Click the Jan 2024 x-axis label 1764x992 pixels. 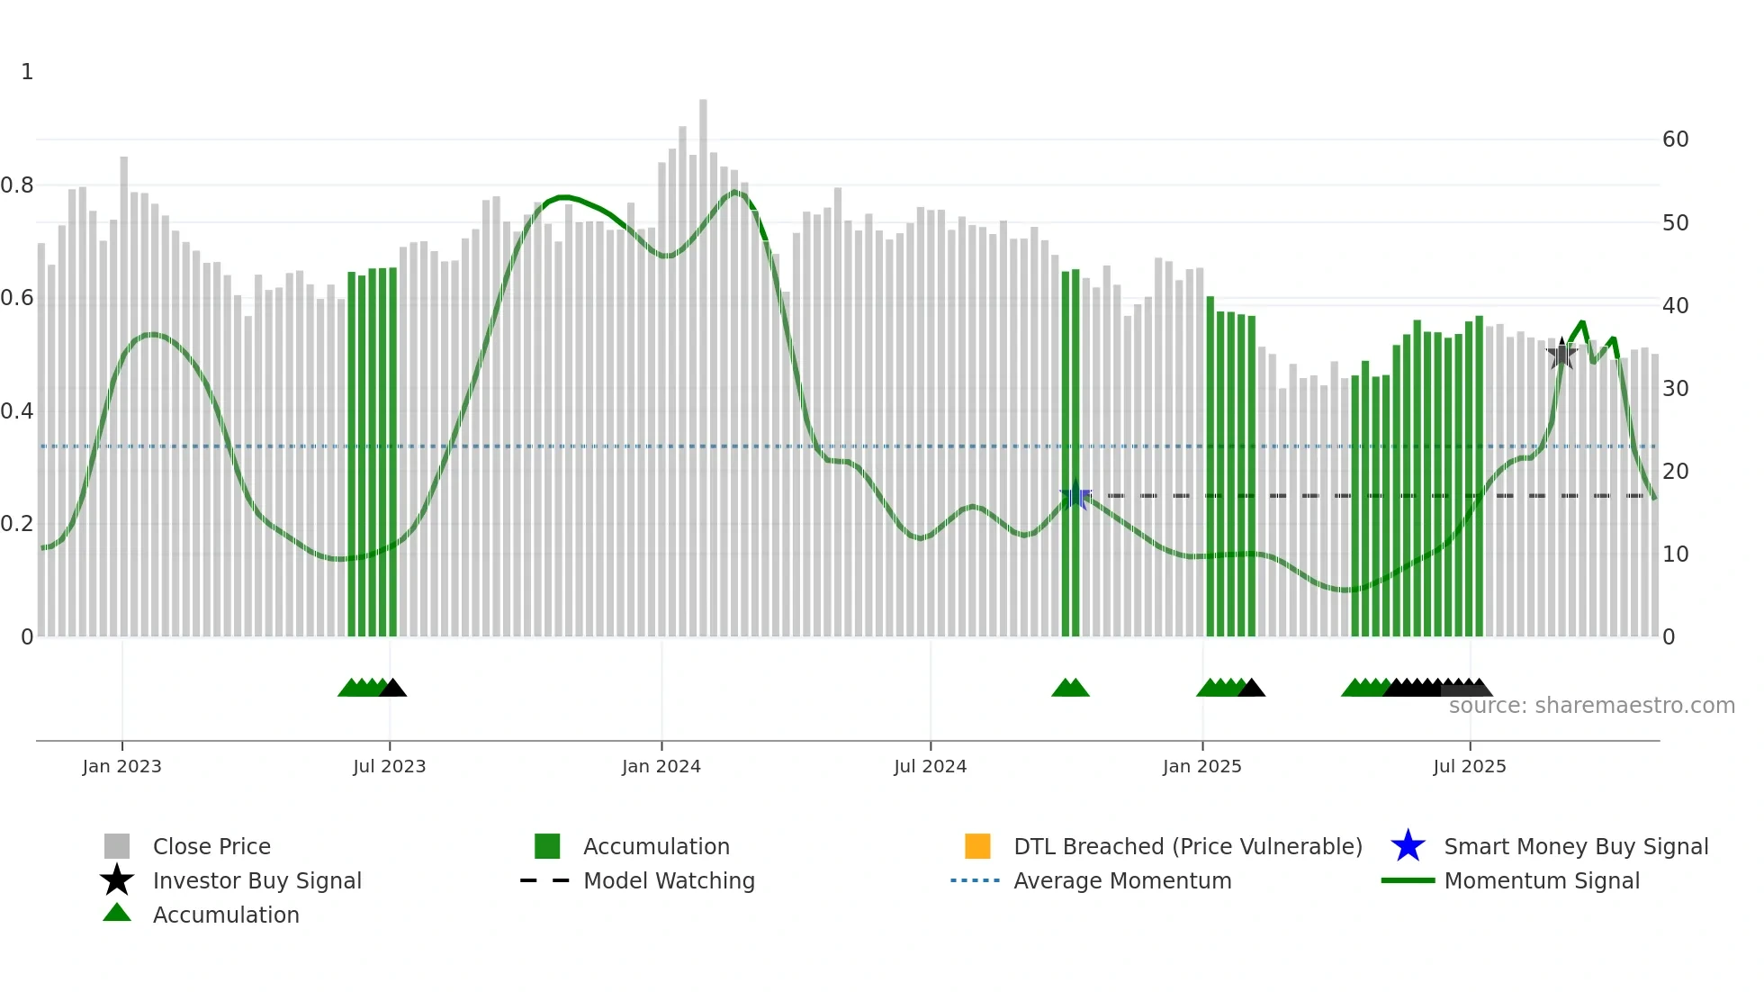[661, 766]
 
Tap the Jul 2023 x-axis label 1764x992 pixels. [389, 766]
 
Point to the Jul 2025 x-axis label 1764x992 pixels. [1469, 766]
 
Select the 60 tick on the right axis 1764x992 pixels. [1675, 140]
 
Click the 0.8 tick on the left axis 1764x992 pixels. [17, 185]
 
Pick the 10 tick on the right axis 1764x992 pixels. [1675, 555]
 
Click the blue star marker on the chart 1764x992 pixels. [1075, 495]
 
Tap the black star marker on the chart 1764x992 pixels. [1561, 354]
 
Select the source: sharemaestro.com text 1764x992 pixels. [1591, 706]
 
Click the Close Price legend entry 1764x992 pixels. [211, 846]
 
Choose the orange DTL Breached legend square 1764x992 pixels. [977, 846]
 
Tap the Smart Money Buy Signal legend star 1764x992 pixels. [1408, 846]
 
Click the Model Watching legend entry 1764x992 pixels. [668, 880]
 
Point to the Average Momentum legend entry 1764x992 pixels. [1121, 880]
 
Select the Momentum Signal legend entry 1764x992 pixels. [1541, 880]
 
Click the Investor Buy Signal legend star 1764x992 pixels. [117, 880]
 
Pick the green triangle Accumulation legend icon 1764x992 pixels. [117, 913]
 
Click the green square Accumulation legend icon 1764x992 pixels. [547, 846]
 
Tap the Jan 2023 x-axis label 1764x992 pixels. [121, 766]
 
